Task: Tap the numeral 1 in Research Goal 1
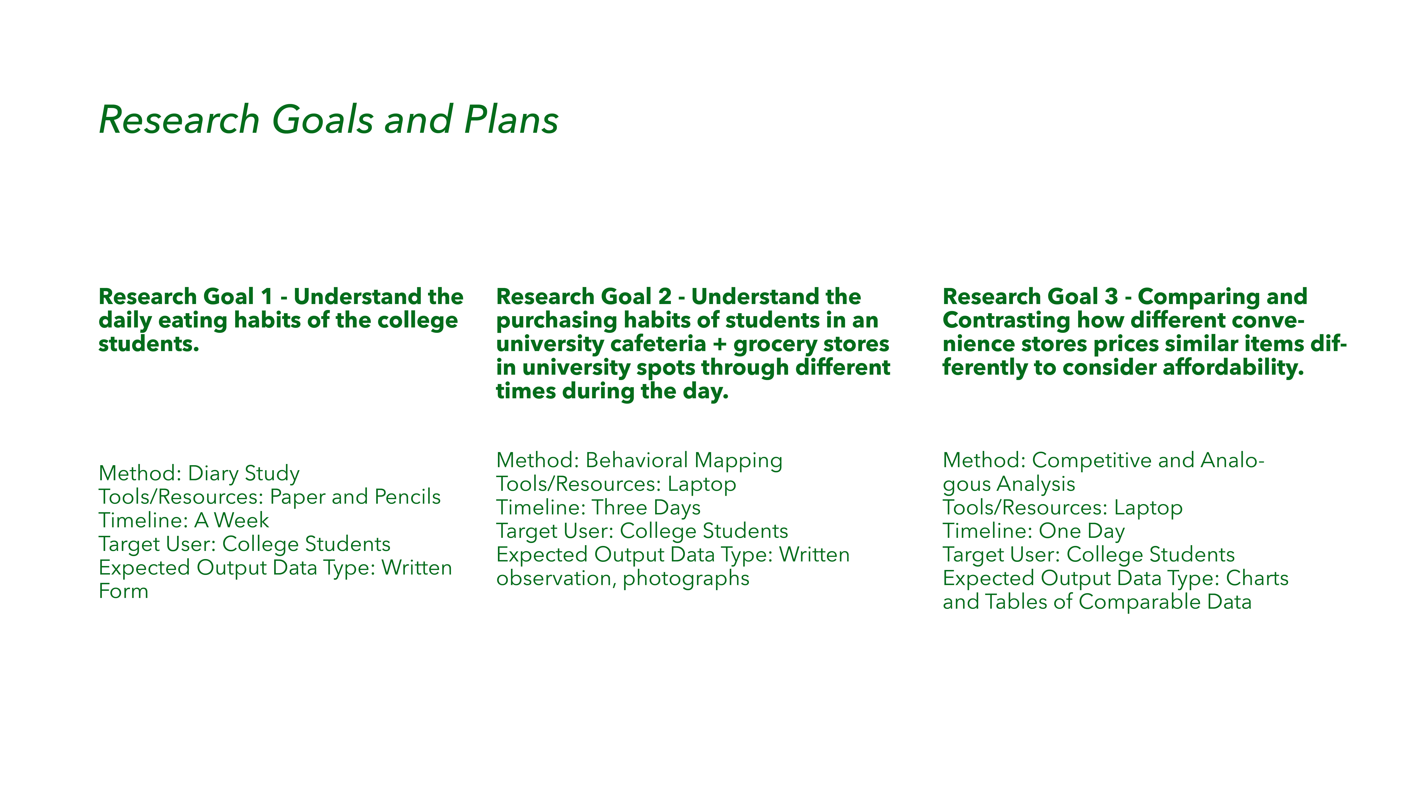(x=267, y=297)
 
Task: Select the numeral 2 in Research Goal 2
(x=665, y=297)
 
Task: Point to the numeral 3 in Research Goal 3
(x=1111, y=297)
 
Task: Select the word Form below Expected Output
(x=124, y=591)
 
